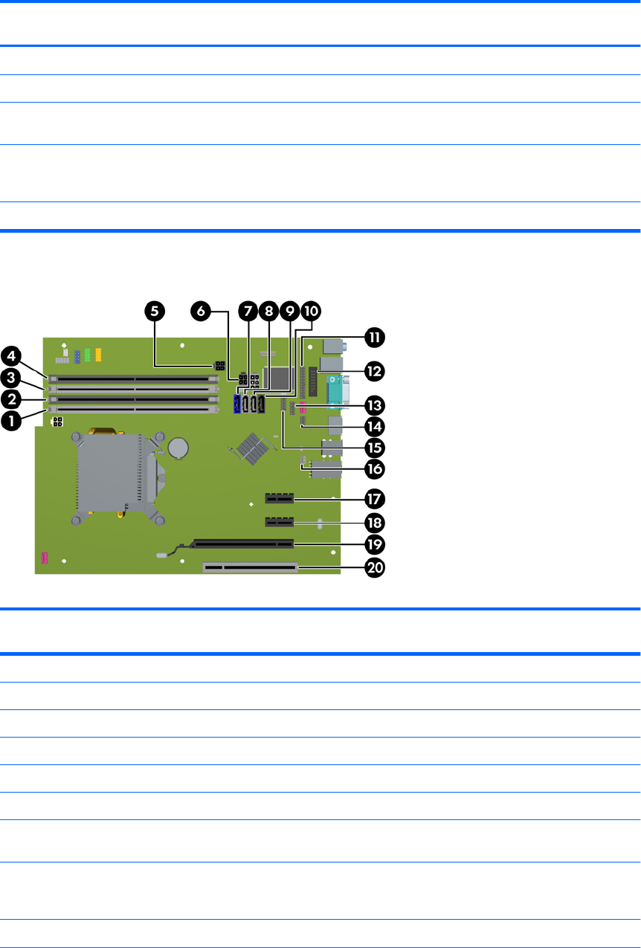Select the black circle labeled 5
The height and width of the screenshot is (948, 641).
[155, 312]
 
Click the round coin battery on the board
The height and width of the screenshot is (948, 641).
[179, 447]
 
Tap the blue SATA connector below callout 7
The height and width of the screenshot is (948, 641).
[237, 405]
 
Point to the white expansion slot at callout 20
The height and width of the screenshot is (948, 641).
[249, 569]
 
